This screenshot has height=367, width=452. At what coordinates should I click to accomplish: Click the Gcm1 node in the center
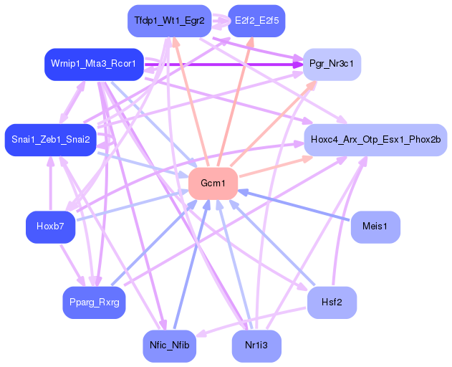213,183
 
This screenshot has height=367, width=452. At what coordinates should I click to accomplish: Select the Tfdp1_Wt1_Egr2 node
169,21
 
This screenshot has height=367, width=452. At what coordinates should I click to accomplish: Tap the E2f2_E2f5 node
256,21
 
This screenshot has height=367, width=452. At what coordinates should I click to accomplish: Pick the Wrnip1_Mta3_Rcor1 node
94,65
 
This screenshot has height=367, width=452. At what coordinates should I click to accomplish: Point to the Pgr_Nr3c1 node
332,65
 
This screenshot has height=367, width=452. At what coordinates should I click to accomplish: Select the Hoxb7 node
50,227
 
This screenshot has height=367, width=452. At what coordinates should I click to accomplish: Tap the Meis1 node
375,227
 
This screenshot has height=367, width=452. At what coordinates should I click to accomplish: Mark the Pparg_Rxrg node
94,302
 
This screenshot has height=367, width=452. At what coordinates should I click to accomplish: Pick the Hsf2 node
332,302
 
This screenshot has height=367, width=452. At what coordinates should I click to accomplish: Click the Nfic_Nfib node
169,345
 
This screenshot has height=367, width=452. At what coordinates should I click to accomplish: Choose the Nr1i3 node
256,345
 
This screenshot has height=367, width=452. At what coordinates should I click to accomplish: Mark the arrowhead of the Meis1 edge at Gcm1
244,192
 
